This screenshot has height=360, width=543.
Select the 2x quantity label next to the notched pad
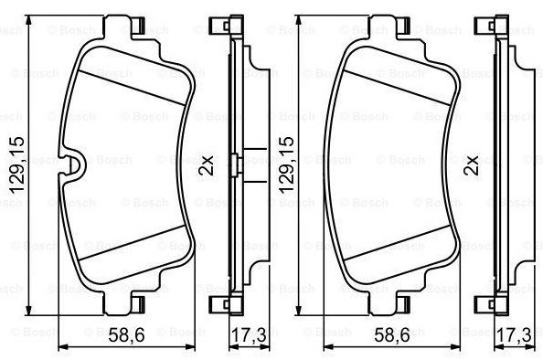pos(206,165)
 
